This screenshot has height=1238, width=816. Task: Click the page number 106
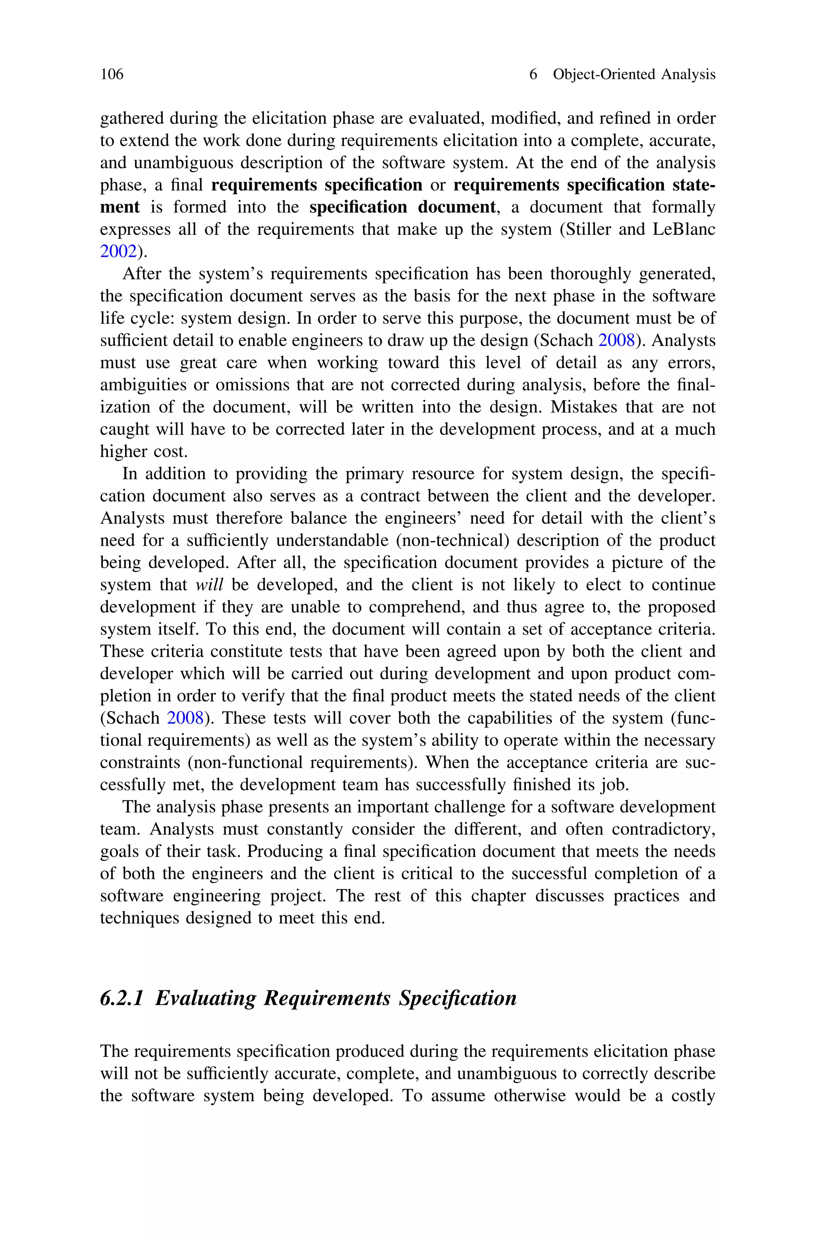[112, 75]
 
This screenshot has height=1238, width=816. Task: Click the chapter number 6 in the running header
[533, 75]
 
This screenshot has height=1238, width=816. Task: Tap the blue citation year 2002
[118, 252]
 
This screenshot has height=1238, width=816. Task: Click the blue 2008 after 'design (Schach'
[617, 340]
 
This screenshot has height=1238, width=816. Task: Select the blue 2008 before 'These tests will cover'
[185, 718]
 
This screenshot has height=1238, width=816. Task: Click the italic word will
[209, 585]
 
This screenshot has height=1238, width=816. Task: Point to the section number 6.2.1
[121, 998]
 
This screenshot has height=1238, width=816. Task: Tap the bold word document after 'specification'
[457, 207]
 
